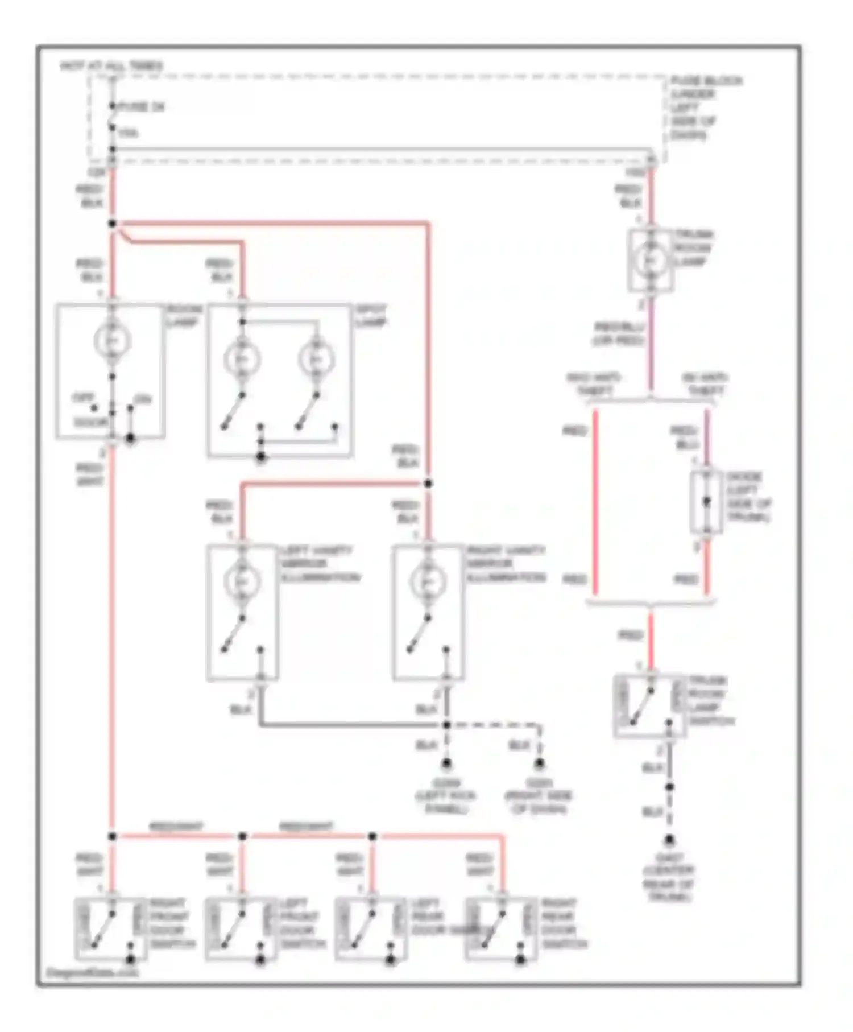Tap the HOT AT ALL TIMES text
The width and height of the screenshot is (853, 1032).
[111, 66]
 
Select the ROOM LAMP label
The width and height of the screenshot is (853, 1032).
[184, 316]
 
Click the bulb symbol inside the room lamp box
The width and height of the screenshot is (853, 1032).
[112, 341]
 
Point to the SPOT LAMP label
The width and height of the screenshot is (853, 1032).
[371, 316]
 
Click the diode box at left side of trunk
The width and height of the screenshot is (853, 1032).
[706, 502]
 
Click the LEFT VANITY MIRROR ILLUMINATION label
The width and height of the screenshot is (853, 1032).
[320, 564]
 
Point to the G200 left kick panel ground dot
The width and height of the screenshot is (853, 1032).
[446, 763]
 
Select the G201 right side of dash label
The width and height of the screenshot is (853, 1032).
[538, 796]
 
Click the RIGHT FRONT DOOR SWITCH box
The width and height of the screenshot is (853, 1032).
[110, 928]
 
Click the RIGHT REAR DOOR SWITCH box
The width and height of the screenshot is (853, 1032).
[500, 928]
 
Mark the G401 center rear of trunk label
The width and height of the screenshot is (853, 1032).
[669, 877]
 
